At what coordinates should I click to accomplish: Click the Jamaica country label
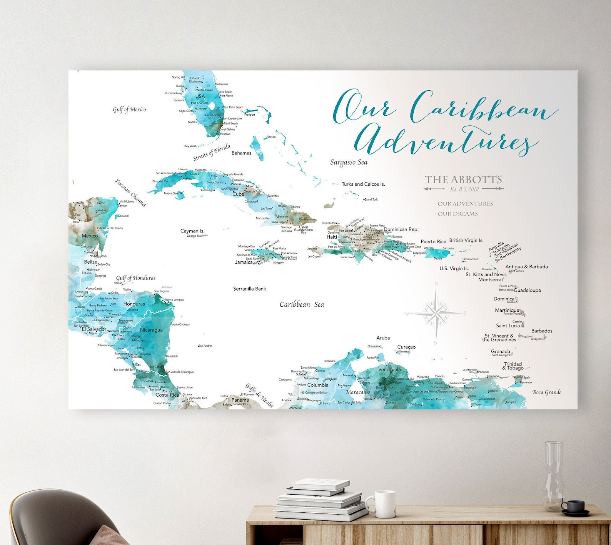[x=244, y=262]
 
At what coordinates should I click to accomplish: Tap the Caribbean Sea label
[x=302, y=304]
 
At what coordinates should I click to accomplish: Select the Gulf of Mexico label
[x=129, y=110]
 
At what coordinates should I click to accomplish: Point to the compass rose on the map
[x=436, y=313]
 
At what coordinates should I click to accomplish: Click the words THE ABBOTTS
[x=463, y=179]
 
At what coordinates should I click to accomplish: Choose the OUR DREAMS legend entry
[x=457, y=214]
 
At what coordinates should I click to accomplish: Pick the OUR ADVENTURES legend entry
[x=465, y=204]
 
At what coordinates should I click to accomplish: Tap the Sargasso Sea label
[x=349, y=162]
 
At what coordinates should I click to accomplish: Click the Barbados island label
[x=542, y=331]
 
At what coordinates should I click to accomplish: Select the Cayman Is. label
[x=192, y=231]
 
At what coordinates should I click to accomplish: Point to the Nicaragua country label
[x=151, y=330]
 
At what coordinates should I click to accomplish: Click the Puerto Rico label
[x=433, y=241]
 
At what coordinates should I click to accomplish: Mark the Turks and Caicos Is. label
[x=363, y=184]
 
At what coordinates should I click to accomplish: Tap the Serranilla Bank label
[x=249, y=289]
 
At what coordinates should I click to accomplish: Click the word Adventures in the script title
[x=446, y=140]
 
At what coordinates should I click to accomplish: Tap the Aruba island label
[x=383, y=338]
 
